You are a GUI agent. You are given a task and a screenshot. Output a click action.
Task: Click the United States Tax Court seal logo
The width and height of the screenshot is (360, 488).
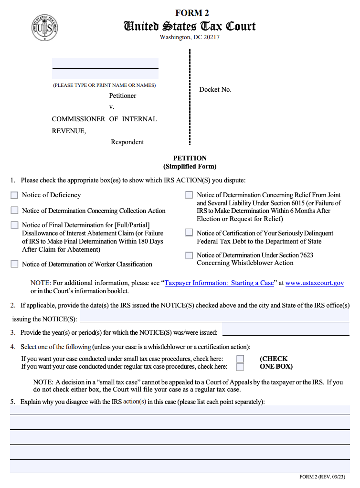tap(45, 28)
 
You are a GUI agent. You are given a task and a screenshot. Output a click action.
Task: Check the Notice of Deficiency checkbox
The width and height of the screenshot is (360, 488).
tap(14, 195)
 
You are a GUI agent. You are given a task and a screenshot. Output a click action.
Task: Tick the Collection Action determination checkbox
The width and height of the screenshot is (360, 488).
tap(14, 211)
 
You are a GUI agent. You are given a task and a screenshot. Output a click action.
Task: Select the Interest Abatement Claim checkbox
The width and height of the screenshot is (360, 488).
tap(14, 225)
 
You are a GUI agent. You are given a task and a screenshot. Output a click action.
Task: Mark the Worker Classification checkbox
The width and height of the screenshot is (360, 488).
tap(14, 264)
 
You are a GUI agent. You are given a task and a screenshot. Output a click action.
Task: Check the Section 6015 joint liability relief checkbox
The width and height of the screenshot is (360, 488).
tap(189, 195)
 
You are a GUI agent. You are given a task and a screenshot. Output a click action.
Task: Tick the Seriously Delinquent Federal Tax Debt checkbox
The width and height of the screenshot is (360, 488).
tap(189, 233)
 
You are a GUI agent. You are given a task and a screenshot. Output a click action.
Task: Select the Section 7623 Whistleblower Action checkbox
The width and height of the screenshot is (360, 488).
tap(189, 255)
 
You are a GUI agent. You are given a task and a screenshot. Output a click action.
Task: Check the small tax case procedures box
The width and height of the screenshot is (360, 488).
tap(240, 359)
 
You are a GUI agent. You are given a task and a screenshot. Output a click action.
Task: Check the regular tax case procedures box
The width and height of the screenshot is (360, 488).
tap(240, 367)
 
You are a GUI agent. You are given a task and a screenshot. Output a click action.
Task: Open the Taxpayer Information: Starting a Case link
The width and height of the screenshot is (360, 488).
tap(219, 283)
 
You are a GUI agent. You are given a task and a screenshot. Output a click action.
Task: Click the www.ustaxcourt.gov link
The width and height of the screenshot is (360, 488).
tap(315, 283)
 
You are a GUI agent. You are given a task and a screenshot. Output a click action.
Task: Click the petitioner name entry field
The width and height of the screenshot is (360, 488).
tap(105, 64)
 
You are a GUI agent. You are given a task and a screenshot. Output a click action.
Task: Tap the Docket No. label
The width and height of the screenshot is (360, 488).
tap(215, 89)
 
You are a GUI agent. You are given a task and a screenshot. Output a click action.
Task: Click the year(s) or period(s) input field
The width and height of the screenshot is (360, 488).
tap(286, 330)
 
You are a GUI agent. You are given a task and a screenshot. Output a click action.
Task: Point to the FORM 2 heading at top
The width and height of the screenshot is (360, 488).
tap(192, 13)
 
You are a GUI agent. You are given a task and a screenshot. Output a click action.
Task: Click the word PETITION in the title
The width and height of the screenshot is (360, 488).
tap(190, 158)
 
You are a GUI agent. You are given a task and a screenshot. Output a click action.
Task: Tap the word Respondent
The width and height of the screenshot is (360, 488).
tap(127, 142)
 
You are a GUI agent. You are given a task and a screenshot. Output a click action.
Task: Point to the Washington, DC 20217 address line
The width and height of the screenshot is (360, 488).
tap(190, 37)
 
